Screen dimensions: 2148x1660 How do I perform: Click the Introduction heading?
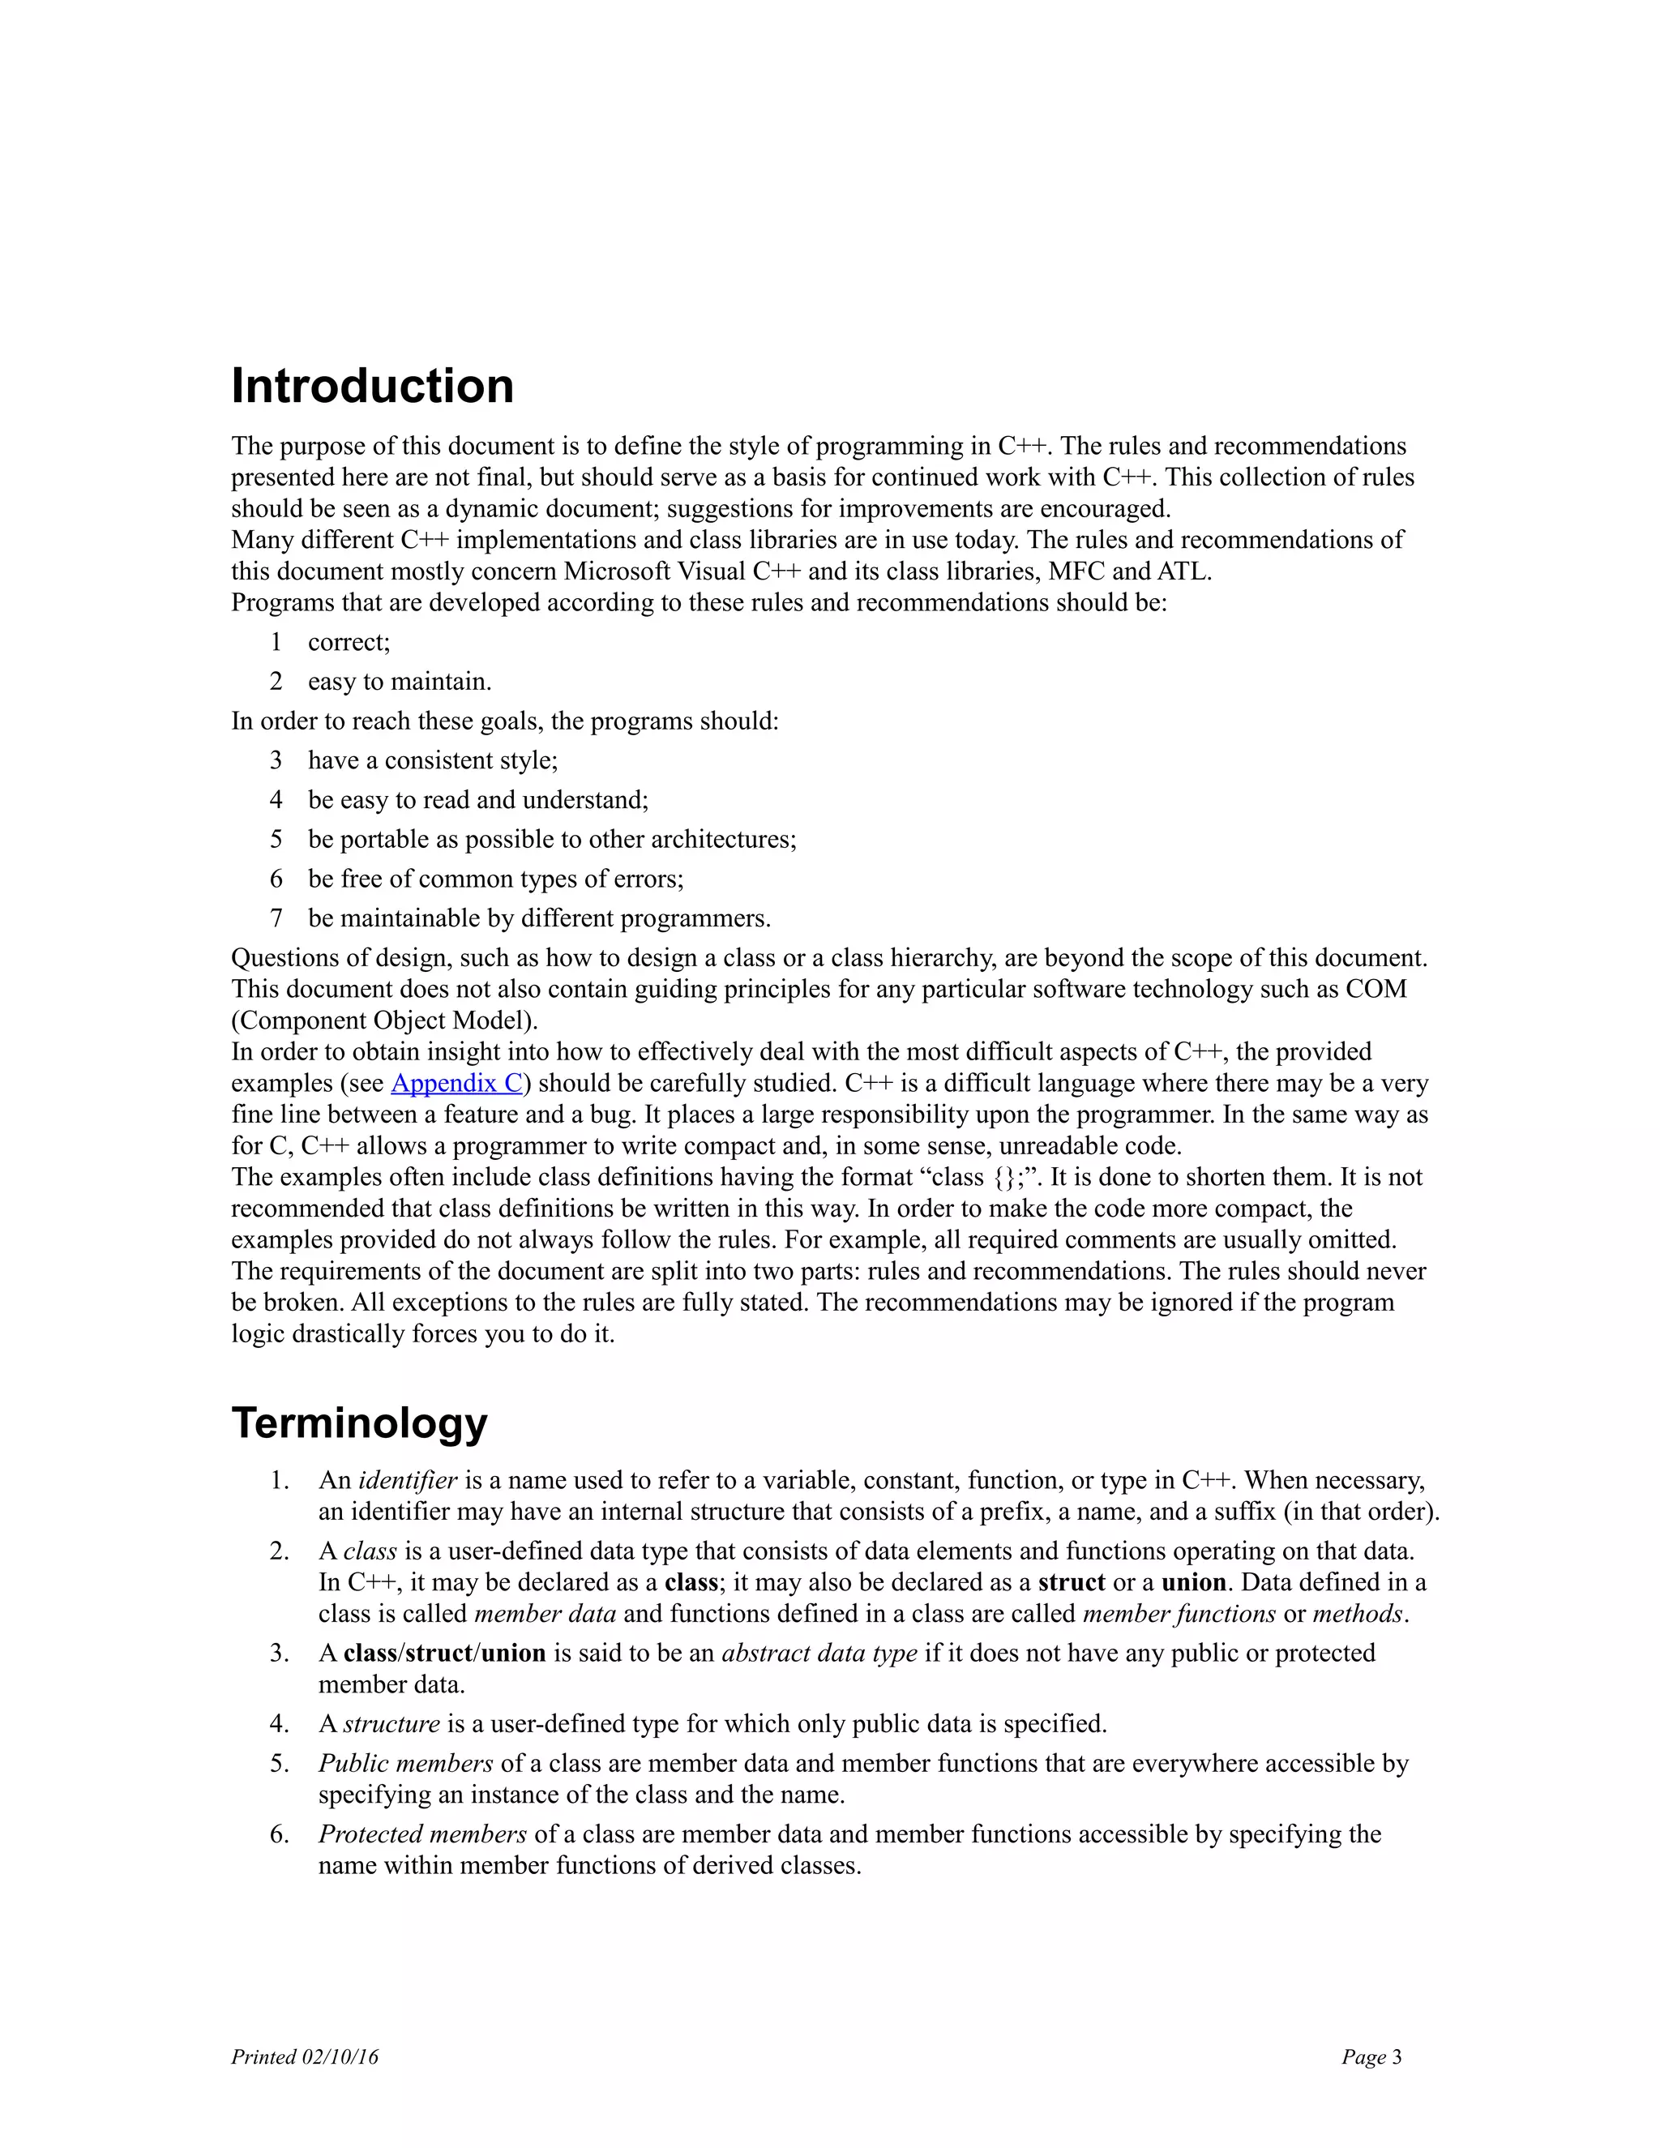point(372,386)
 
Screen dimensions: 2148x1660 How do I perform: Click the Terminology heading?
point(359,1423)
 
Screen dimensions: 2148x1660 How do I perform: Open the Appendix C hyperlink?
point(456,1083)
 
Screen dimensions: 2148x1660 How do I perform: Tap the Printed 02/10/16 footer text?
point(304,2056)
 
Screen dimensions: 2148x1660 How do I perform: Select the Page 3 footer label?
point(1371,2056)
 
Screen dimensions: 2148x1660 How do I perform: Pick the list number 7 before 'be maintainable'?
point(276,918)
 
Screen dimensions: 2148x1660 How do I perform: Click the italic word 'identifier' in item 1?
point(407,1480)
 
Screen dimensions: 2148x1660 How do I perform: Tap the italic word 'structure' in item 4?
point(391,1724)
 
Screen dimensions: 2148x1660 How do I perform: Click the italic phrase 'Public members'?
point(405,1764)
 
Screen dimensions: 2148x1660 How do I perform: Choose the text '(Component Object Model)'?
point(384,1020)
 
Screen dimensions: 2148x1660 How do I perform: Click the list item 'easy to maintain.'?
point(400,682)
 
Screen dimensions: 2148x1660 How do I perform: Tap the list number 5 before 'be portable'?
point(276,839)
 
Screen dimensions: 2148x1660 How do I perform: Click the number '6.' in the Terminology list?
point(280,1834)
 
